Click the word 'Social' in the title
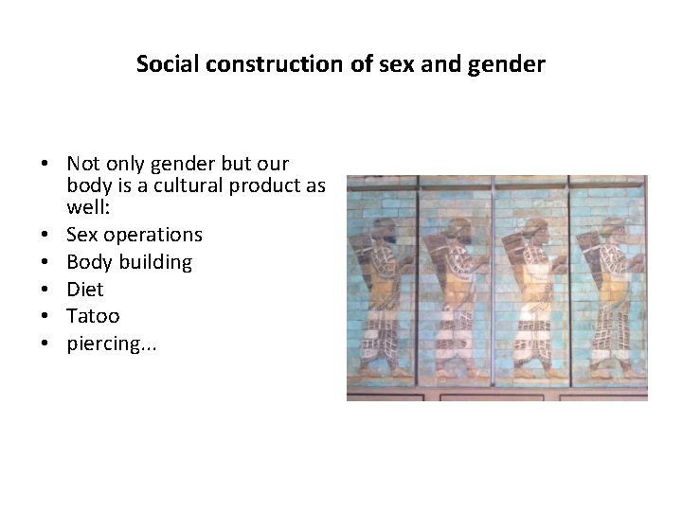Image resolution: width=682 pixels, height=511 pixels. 161,64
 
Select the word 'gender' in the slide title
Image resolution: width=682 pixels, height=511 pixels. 512,64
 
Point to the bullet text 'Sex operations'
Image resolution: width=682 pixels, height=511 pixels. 135,234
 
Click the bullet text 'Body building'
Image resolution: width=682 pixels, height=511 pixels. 129,261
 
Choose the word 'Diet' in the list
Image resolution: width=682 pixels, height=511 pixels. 85,289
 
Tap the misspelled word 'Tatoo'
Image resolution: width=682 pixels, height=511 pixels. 93,316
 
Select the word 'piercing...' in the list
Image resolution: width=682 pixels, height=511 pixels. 113,344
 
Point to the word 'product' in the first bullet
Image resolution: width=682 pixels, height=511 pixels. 269,185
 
